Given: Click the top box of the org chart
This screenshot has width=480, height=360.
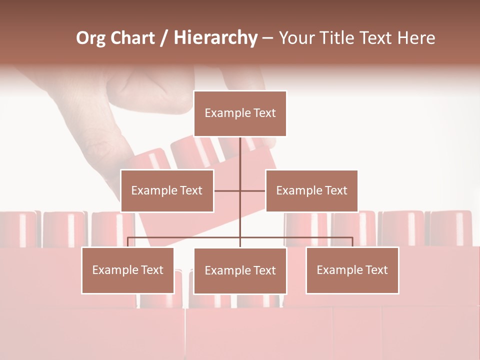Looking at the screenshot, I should click(240, 113).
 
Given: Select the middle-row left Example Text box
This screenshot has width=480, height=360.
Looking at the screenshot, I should click(167, 190).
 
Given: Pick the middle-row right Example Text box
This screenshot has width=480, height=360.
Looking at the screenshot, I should click(311, 190).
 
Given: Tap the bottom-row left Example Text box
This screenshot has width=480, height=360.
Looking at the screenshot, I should click(128, 270).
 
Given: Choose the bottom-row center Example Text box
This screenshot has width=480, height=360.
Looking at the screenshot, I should click(240, 270).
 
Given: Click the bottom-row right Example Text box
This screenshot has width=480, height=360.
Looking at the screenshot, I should click(352, 270).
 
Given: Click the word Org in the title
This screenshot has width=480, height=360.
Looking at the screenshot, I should click(90, 38).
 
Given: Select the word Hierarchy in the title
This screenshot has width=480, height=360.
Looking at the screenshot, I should click(215, 38).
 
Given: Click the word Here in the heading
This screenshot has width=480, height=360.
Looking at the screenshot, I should click(416, 38).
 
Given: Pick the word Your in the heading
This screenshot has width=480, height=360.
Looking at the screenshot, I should click(296, 38).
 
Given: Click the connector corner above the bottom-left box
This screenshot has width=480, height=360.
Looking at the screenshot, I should click(128, 238).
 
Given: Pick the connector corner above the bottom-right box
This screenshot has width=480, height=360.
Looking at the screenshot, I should click(352, 238).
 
